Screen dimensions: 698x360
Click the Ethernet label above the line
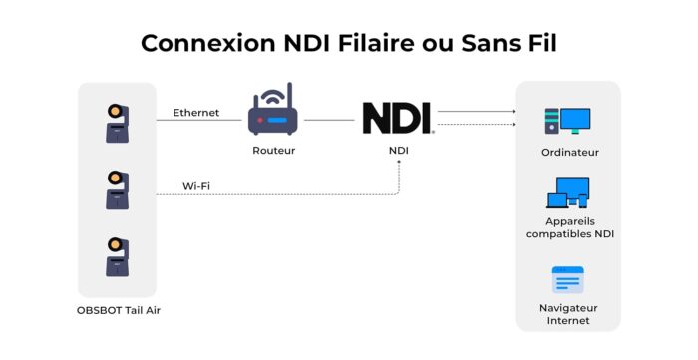click(196, 113)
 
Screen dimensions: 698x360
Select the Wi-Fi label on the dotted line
click(196, 186)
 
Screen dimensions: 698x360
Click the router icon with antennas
click(273, 109)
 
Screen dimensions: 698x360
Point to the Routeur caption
click(274, 151)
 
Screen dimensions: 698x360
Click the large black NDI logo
click(398, 118)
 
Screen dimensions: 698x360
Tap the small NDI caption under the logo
click(399, 151)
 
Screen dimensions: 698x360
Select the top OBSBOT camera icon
click(117, 124)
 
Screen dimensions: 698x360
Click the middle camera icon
click(117, 190)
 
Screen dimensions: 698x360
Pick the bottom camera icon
click(117, 257)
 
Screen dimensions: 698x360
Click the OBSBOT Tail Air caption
click(119, 310)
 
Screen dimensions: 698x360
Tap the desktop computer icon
click(567, 121)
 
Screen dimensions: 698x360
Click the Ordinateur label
click(570, 153)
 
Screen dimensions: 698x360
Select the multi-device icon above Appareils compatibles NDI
click(568, 192)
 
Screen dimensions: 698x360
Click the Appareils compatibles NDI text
click(570, 227)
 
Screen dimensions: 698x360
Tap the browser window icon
click(568, 280)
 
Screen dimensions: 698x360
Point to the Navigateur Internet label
click(568, 314)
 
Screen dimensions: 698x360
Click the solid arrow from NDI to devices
click(477, 112)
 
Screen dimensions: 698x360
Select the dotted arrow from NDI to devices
click(477, 124)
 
